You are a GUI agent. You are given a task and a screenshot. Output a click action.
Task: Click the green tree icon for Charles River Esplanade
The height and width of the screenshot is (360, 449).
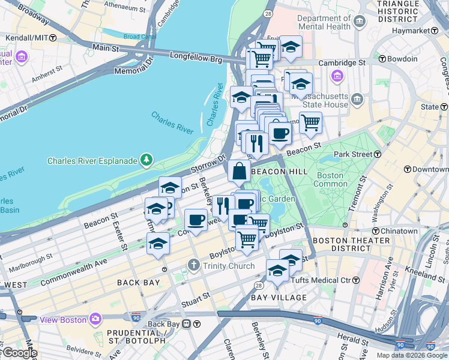[x=146, y=160]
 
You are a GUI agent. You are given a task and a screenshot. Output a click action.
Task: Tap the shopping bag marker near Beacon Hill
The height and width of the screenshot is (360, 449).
[x=239, y=171]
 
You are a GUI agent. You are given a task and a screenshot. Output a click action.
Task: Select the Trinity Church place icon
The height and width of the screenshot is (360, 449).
[x=193, y=265]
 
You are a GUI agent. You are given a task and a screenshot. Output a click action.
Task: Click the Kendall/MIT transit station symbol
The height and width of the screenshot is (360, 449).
[x=53, y=38]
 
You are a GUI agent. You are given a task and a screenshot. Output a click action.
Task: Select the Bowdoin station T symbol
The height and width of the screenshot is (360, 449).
[x=381, y=59]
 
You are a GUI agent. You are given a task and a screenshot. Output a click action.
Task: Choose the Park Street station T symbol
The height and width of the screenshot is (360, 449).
[x=378, y=154]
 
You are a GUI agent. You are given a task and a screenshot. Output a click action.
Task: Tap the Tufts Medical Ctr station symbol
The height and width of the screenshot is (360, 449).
[x=355, y=280]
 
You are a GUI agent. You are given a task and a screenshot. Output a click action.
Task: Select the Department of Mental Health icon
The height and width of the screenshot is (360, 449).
[x=360, y=23]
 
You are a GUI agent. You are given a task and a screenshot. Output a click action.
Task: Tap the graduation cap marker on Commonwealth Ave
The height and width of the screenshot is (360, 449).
[x=158, y=244]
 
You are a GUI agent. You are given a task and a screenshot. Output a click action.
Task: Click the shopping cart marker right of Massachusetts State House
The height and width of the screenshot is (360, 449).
[x=310, y=122]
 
